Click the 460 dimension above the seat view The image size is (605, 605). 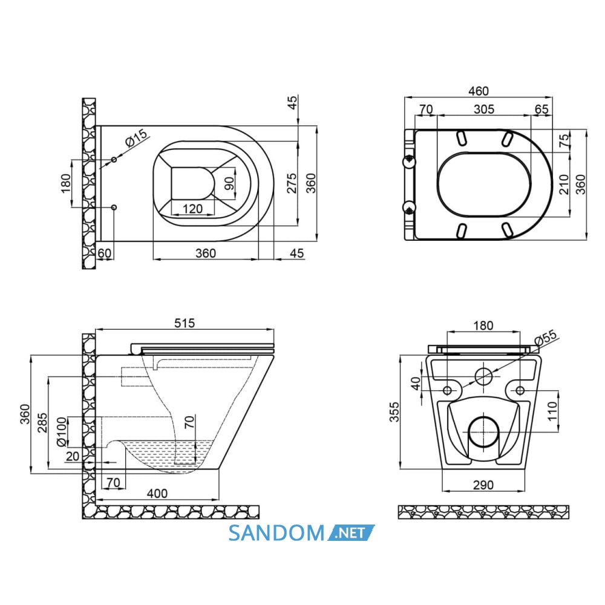(479, 91)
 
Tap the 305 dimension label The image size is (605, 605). (484, 109)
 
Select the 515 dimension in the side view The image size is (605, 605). (185, 323)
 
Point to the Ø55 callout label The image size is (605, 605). (546, 337)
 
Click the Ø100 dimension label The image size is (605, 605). (62, 432)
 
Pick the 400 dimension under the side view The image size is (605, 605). (157, 494)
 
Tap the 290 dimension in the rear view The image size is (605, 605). (483, 485)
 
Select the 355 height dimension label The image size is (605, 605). (394, 412)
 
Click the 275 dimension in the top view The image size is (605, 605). (292, 183)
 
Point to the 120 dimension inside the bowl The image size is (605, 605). (192, 209)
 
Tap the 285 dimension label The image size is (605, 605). (42, 423)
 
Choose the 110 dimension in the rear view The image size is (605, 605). (552, 411)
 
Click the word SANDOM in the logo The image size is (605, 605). (276, 533)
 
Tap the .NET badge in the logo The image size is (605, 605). (351, 533)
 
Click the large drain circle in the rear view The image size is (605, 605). (483, 417)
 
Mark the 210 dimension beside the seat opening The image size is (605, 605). (564, 184)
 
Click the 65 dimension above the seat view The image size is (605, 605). (541, 109)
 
